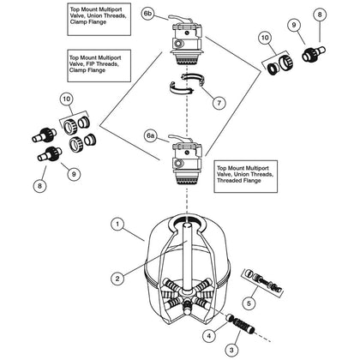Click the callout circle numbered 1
(117, 225)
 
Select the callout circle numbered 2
(117, 279)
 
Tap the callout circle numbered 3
(231, 350)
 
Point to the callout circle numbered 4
(209, 335)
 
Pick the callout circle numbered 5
(249, 303)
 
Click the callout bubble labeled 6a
(151, 136)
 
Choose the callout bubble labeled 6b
(147, 15)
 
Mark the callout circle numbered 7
(219, 103)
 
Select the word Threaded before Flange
(228, 181)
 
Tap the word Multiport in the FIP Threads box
(110, 57)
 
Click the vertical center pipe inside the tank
(187, 257)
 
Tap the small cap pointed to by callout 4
(230, 317)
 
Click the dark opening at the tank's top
(187, 220)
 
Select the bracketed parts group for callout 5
(263, 283)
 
